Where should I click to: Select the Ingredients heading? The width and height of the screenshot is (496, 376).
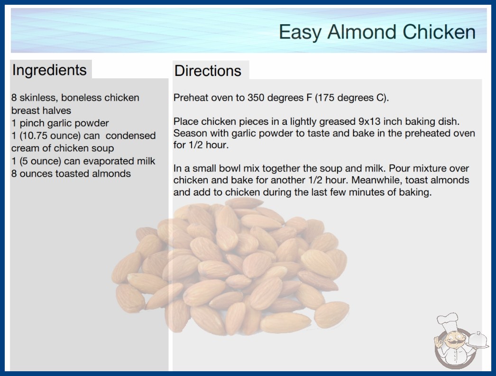49,70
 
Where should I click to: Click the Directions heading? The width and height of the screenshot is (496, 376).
208,71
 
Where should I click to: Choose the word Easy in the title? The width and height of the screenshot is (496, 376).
300,33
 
